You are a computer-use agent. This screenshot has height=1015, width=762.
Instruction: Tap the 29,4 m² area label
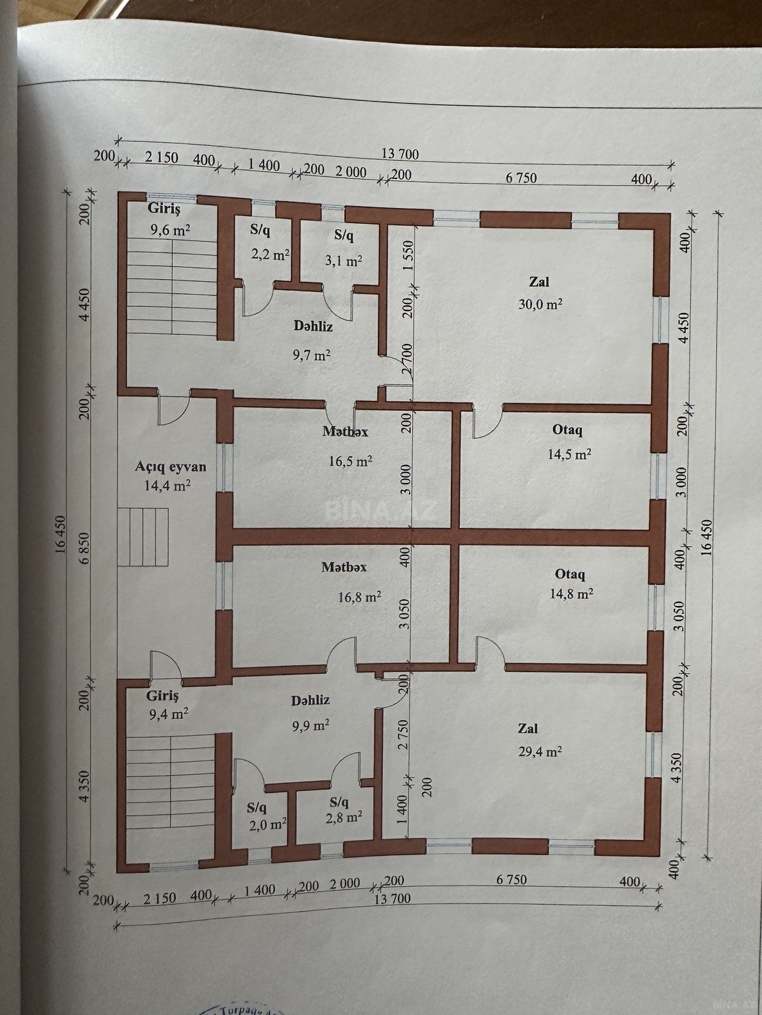[540, 752]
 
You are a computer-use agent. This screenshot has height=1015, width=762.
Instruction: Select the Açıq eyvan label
[170, 466]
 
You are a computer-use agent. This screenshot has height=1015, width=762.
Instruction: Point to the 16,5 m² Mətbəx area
[351, 461]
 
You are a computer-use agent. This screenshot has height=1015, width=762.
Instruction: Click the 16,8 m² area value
[359, 598]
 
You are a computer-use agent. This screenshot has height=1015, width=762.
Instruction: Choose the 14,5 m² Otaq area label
[570, 454]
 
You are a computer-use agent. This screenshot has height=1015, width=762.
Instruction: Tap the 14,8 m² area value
[571, 593]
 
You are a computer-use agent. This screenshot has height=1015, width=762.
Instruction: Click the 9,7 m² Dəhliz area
[311, 355]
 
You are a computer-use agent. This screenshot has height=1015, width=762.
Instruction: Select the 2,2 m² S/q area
[271, 255]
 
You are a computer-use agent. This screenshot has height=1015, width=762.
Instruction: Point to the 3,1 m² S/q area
[343, 261]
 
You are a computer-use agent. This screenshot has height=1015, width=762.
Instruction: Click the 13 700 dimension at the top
[400, 154]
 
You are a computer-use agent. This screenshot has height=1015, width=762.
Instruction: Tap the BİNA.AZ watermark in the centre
[381, 511]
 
